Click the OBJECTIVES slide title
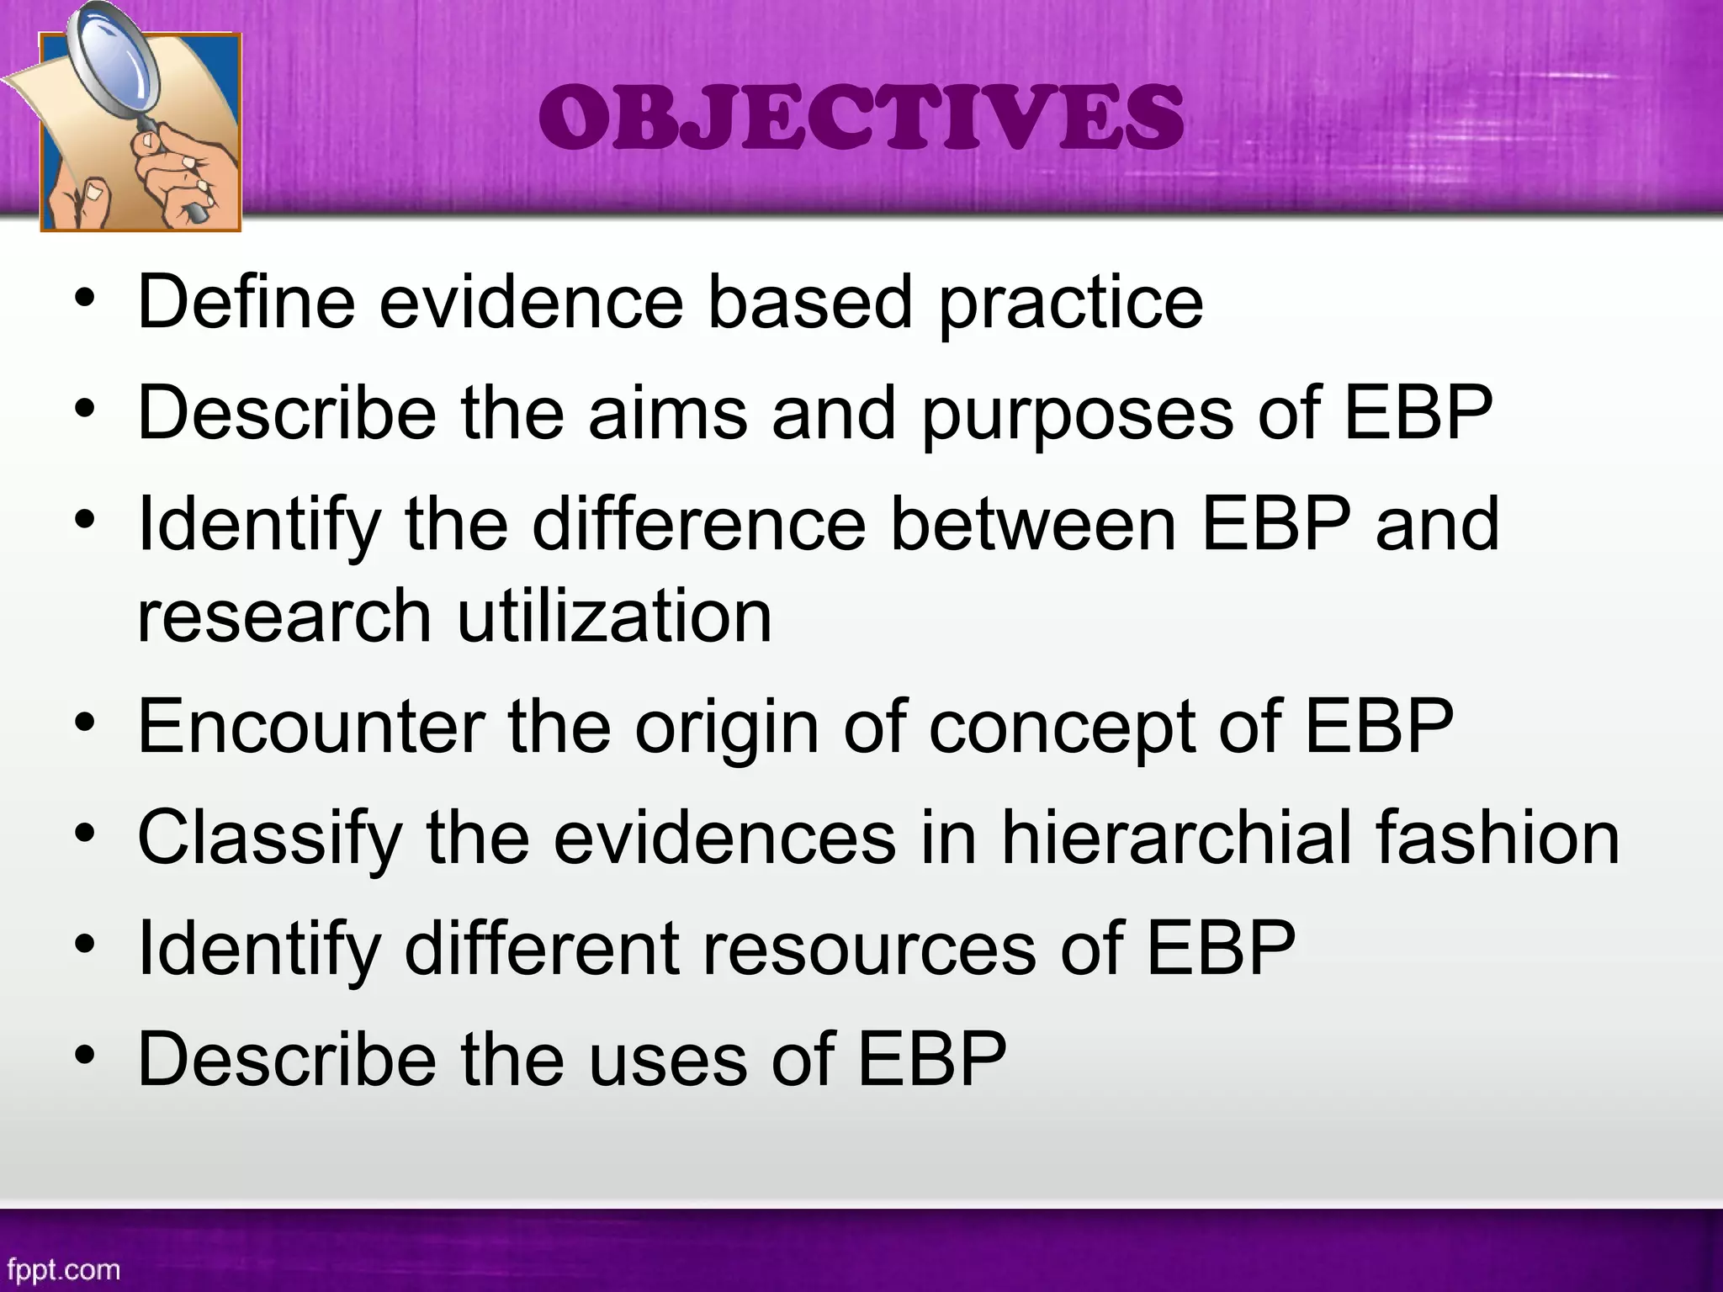coord(861,119)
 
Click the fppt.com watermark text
coord(63,1268)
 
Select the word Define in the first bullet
coord(246,302)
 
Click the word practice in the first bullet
coord(1070,302)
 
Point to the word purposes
coord(1078,414)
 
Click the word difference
coord(698,524)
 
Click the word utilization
coord(613,617)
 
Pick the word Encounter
coord(311,727)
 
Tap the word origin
coord(726,728)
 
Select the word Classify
coord(270,839)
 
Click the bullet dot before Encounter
coord(84,725)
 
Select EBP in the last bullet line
coord(931,1060)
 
